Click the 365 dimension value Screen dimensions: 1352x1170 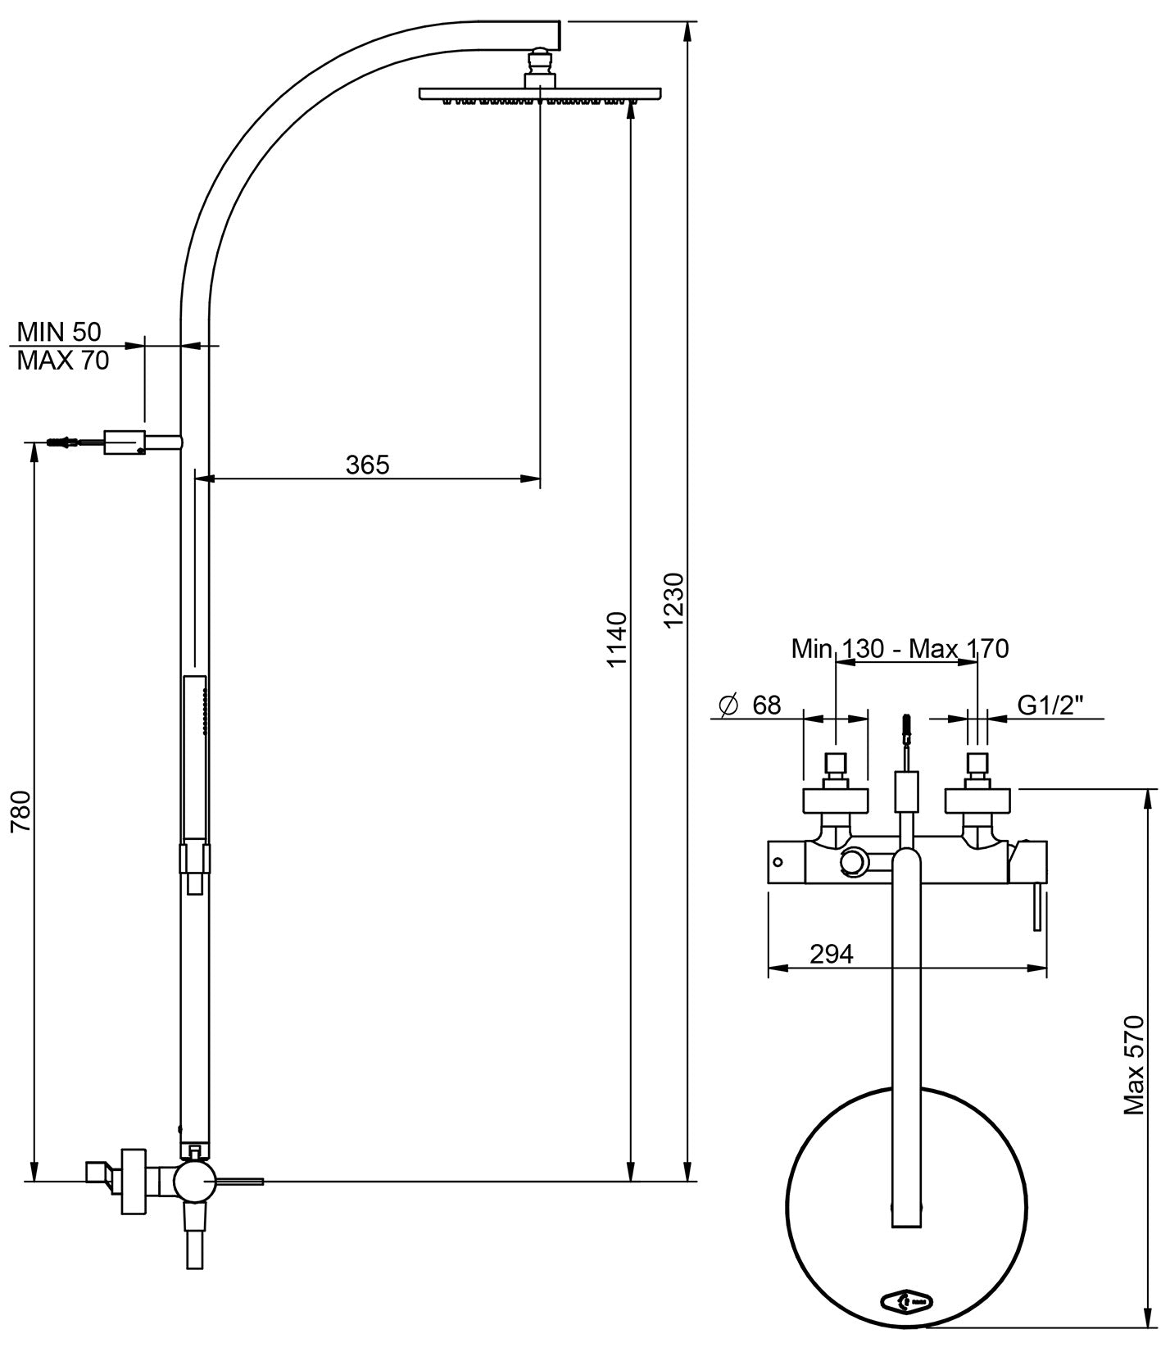(367, 465)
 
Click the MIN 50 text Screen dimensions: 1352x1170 (59, 332)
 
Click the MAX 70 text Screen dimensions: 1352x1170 (63, 361)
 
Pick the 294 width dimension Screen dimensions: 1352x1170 (831, 954)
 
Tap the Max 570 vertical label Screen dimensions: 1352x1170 (1133, 1065)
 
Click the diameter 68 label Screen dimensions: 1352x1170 (751, 704)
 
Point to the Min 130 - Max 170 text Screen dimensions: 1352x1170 (900, 648)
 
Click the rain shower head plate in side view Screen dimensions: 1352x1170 (540, 94)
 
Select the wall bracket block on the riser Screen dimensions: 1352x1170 (125, 442)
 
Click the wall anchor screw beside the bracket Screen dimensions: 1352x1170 (66, 443)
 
